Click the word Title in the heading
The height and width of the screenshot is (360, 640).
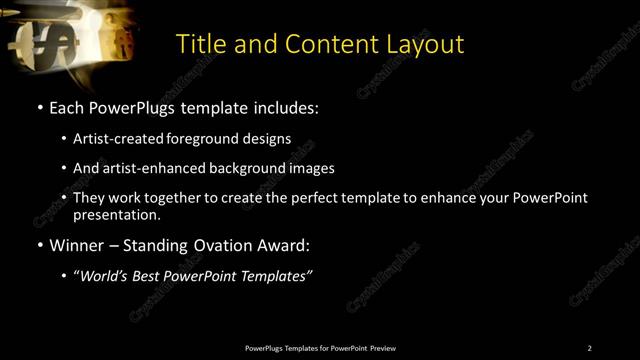click(x=198, y=44)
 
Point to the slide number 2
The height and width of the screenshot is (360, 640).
click(x=589, y=348)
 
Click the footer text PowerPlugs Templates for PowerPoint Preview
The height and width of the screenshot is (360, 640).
click(x=320, y=348)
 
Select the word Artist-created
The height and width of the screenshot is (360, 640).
click(x=125, y=138)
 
